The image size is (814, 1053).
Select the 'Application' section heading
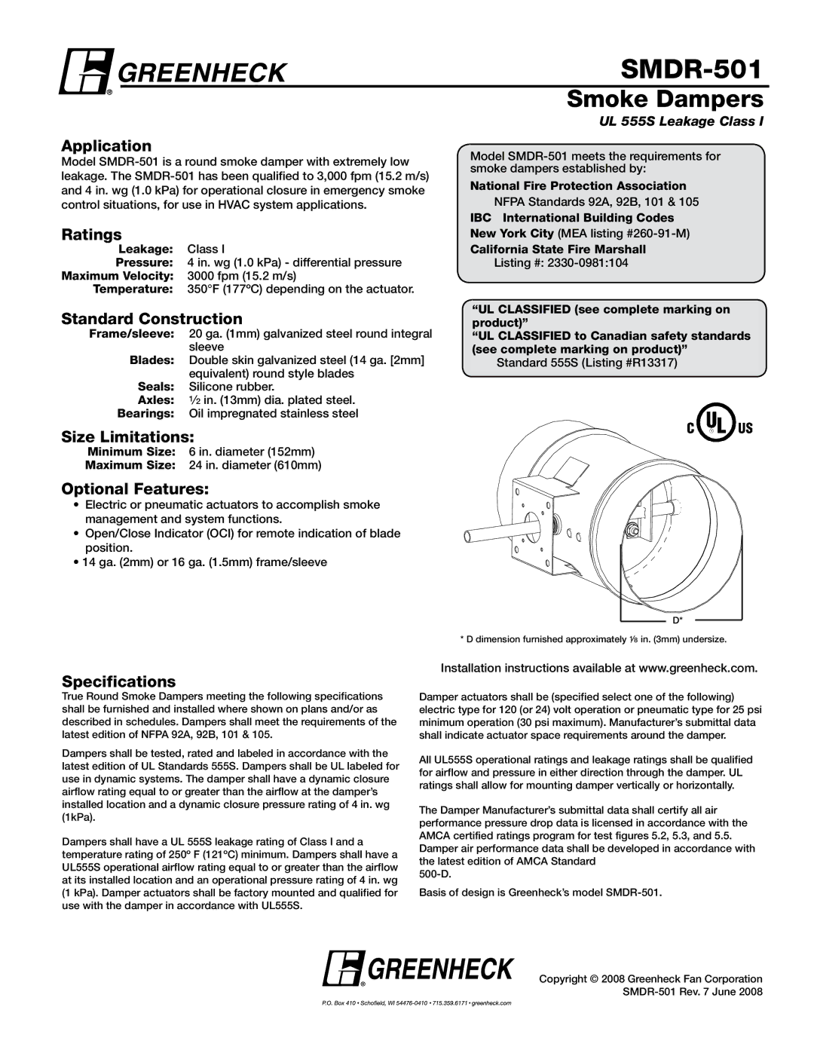tap(106, 145)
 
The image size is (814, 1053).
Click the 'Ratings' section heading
tap(91, 235)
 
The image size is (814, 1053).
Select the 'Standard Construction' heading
tap(151, 319)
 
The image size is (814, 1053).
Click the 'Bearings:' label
tap(145, 414)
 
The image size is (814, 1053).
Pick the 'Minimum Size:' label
tap(132, 452)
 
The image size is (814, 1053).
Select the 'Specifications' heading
tap(118, 681)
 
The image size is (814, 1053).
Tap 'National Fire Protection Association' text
tap(578, 186)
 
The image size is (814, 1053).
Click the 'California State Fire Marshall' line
tap(558, 249)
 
